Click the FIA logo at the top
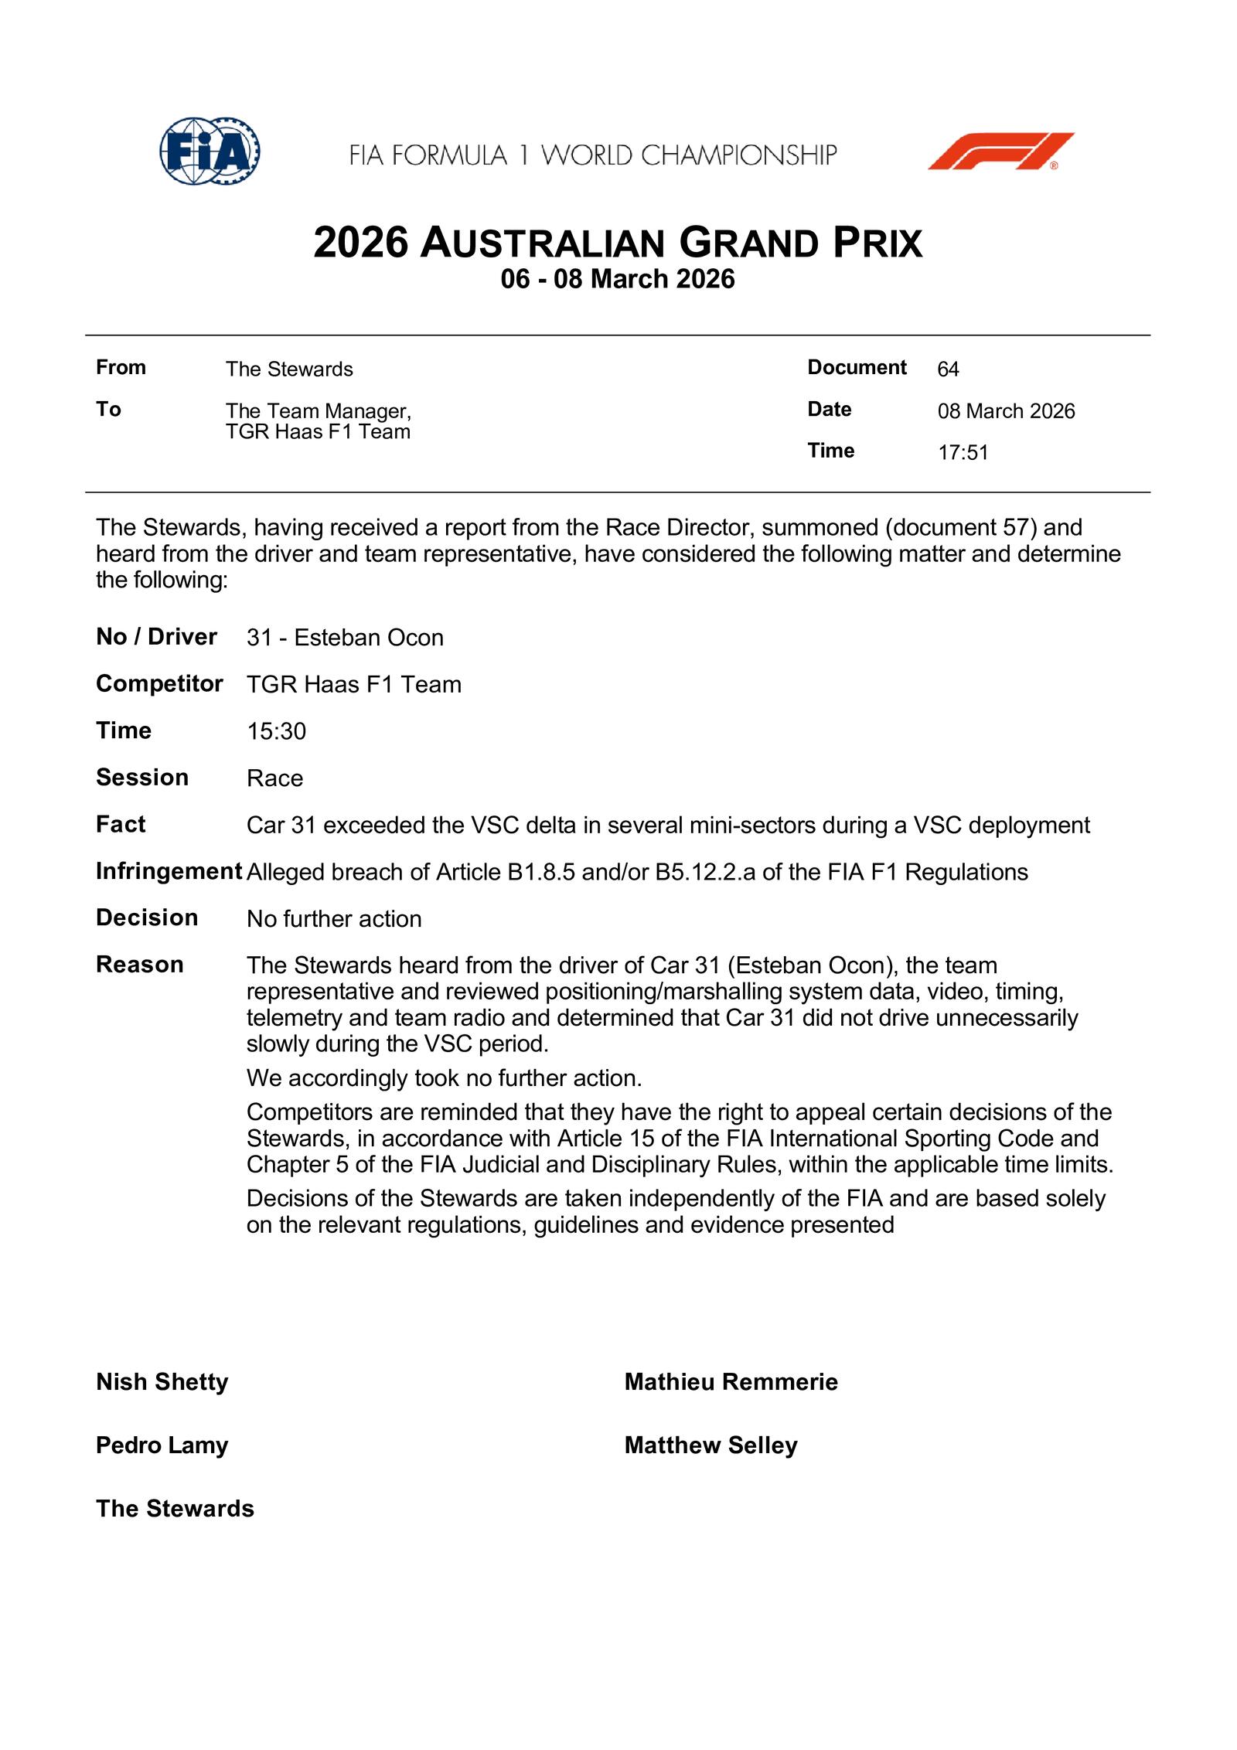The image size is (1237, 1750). click(210, 151)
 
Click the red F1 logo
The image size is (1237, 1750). click(1000, 151)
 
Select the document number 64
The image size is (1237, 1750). click(948, 369)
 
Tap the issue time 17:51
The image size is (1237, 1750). click(963, 453)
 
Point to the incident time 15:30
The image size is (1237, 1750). click(276, 731)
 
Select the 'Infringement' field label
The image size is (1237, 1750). click(169, 871)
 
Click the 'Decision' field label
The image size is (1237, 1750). click(147, 918)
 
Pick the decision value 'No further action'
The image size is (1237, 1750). click(334, 919)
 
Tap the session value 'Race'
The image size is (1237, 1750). click(274, 778)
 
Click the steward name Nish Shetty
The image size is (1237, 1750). click(162, 1381)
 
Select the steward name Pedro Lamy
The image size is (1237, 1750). click(162, 1445)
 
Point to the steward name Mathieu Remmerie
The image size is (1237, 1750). click(731, 1381)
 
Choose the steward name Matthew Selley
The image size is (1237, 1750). click(711, 1445)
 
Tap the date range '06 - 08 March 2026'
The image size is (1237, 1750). click(617, 279)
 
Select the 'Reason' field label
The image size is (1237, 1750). click(140, 965)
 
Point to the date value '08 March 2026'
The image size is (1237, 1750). click(1006, 411)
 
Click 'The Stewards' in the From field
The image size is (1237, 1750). click(289, 369)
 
